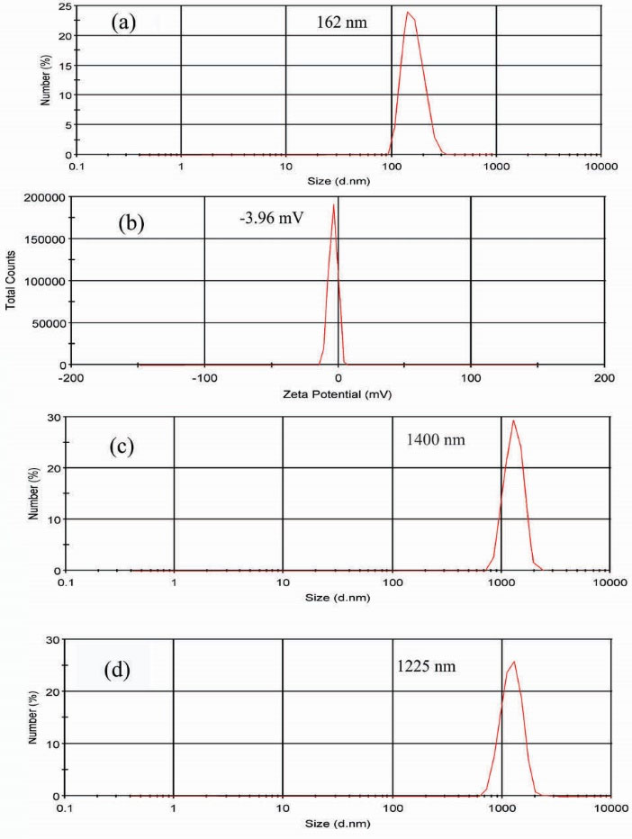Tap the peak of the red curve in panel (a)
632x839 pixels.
pyautogui.click(x=408, y=13)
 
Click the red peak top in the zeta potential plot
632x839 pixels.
pyautogui.click(x=334, y=204)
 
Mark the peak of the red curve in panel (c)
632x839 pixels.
pyautogui.click(x=513, y=420)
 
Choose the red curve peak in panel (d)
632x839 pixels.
pyautogui.click(x=513, y=662)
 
